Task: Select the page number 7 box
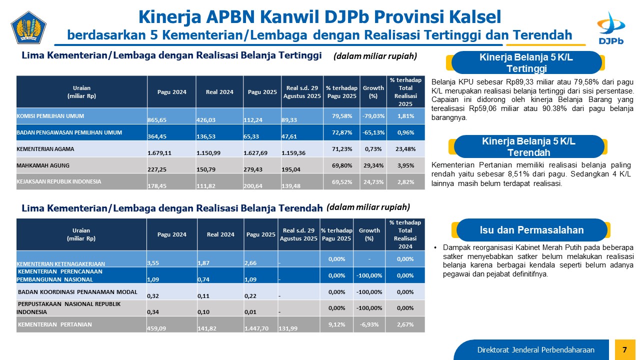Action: click(x=624, y=349)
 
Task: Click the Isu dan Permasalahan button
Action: click(x=531, y=230)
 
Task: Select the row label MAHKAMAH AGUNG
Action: click(x=43, y=165)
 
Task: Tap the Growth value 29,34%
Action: click(x=373, y=165)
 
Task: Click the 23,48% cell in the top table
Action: click(x=405, y=148)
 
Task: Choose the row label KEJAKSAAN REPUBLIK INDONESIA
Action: click(x=59, y=181)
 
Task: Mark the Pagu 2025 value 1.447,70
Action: click(x=256, y=328)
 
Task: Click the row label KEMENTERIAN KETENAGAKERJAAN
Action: click(x=61, y=263)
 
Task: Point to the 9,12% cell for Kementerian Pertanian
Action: click(x=336, y=324)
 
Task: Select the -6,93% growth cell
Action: click(x=369, y=324)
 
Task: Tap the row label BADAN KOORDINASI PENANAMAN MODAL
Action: click(x=74, y=291)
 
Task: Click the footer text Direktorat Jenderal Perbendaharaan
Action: click(x=535, y=349)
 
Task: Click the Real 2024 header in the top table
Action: click(x=219, y=92)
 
